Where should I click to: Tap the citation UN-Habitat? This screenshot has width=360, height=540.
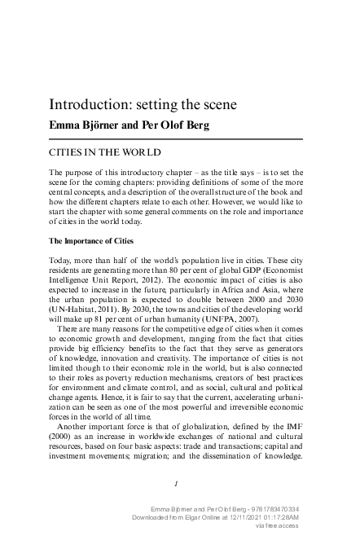pos(76,309)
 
